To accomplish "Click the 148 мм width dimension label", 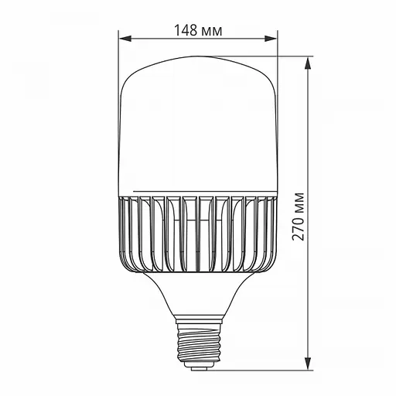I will pos(198,30).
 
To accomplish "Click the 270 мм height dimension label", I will pos(299,216).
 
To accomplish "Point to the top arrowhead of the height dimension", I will pos(309,62).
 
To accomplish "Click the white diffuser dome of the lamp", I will pos(199,124).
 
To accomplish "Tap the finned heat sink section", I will pos(199,232).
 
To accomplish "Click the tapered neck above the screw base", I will pos(199,294).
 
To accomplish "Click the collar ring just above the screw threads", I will pos(199,317).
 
